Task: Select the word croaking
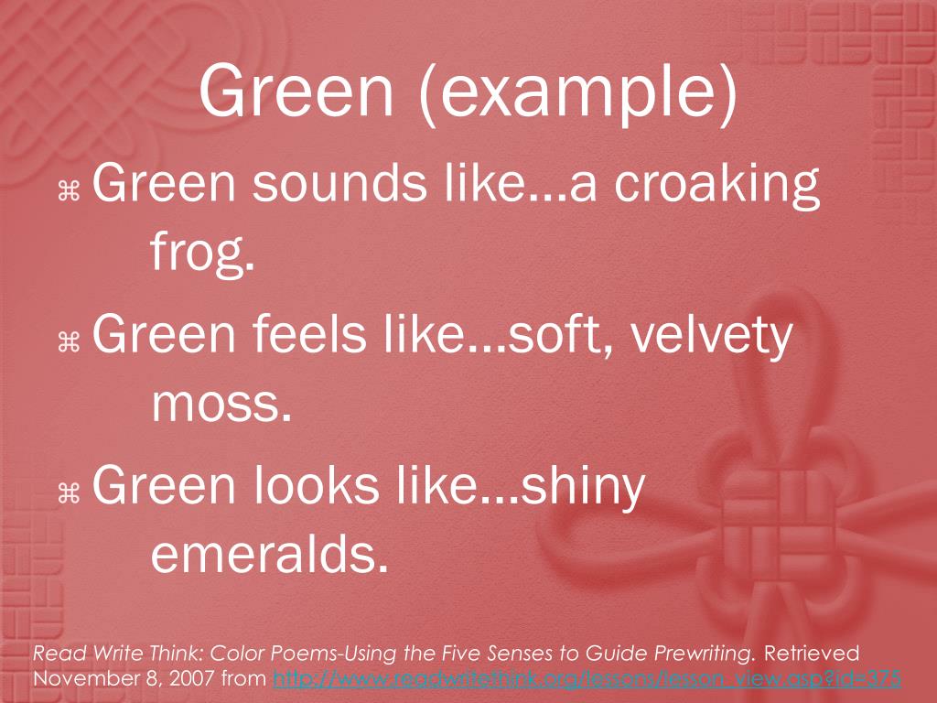(x=716, y=184)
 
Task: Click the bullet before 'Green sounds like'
(x=70, y=190)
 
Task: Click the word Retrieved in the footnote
(x=812, y=654)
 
